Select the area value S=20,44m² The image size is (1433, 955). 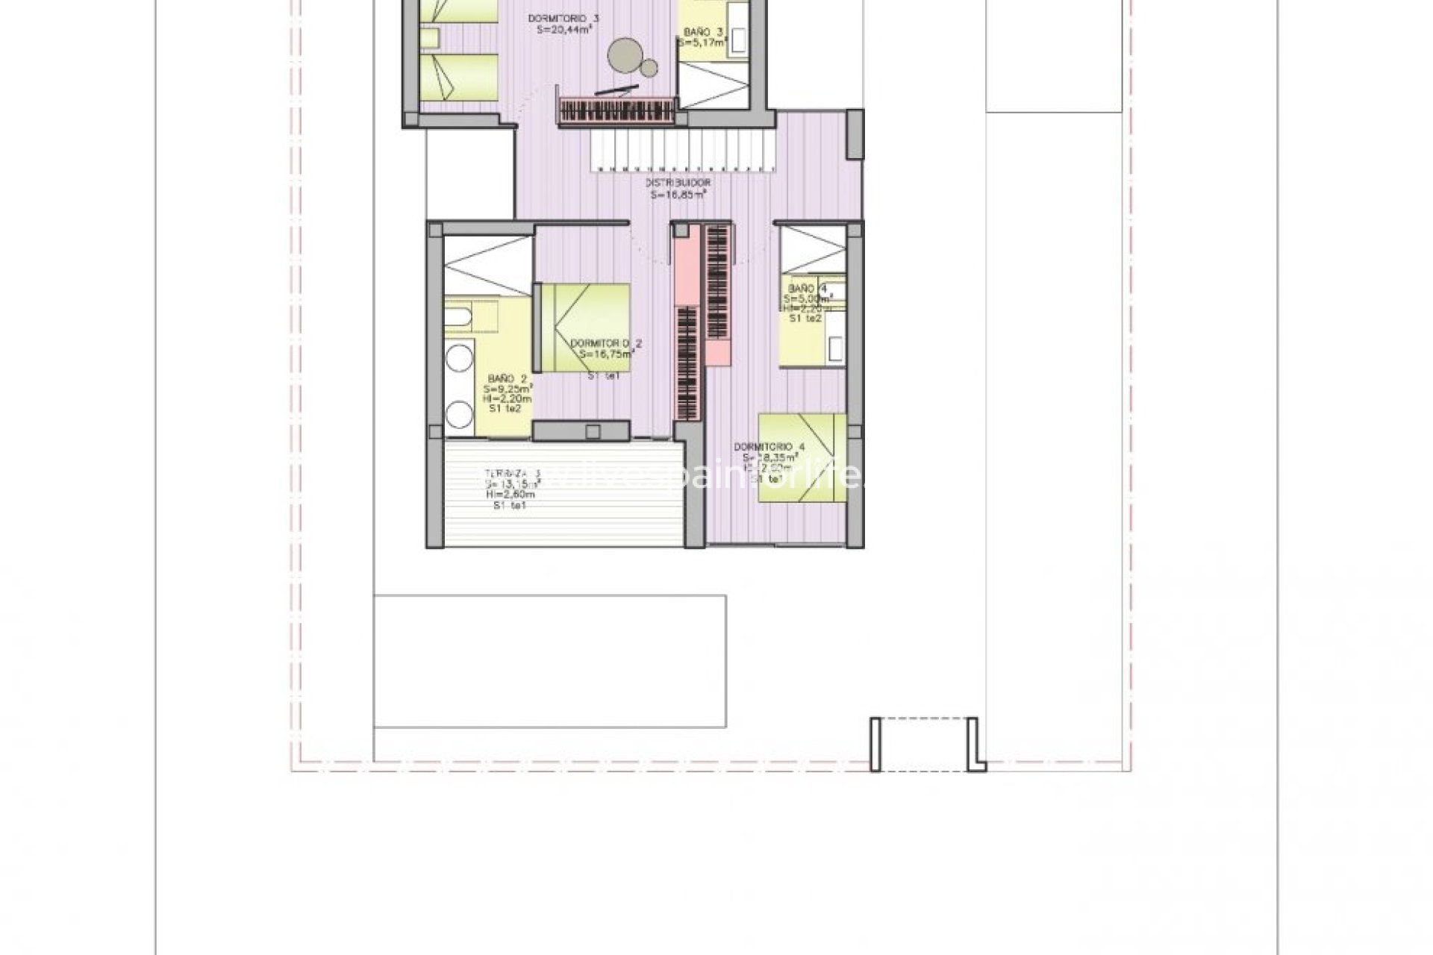[x=564, y=30]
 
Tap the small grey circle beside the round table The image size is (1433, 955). [x=649, y=69]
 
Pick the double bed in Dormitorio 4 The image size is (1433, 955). [x=803, y=459]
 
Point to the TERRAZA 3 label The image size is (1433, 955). [x=512, y=473]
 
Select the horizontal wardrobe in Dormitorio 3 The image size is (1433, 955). [x=616, y=112]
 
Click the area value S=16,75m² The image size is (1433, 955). [x=606, y=355]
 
